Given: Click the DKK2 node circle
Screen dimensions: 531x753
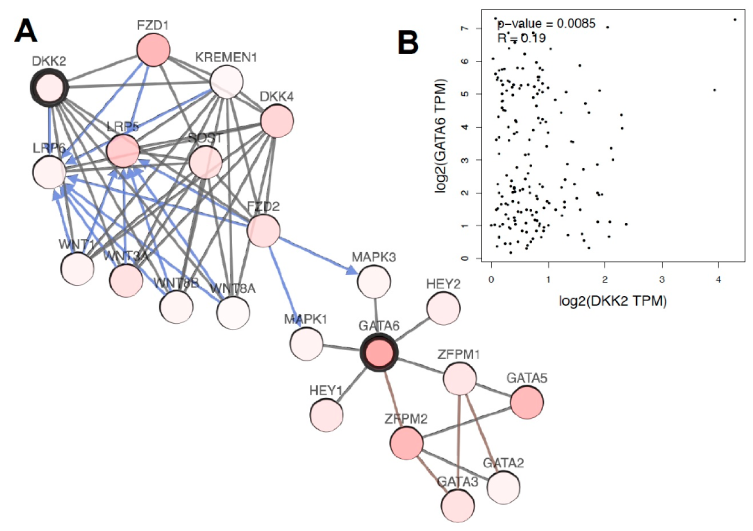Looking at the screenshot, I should click(49, 87).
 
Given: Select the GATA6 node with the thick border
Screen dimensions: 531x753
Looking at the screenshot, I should click(379, 353).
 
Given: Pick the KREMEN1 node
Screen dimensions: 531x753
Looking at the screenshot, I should click(227, 81).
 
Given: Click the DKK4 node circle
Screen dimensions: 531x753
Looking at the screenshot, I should click(277, 120).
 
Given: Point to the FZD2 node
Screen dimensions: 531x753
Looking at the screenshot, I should click(263, 230).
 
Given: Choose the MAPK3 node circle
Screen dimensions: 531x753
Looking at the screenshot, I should click(374, 281).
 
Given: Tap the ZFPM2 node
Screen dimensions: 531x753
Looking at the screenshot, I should click(406, 443).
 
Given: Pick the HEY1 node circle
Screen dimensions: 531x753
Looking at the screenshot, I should click(326, 415).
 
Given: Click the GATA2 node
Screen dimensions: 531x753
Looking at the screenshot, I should click(503, 487).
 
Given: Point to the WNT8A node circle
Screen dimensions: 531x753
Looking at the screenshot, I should click(233, 312).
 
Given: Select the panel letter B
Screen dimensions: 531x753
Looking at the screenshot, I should click(408, 43).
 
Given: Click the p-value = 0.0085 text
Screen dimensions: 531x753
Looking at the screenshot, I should click(546, 24).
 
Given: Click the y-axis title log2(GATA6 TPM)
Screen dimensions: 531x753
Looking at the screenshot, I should click(440, 135).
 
